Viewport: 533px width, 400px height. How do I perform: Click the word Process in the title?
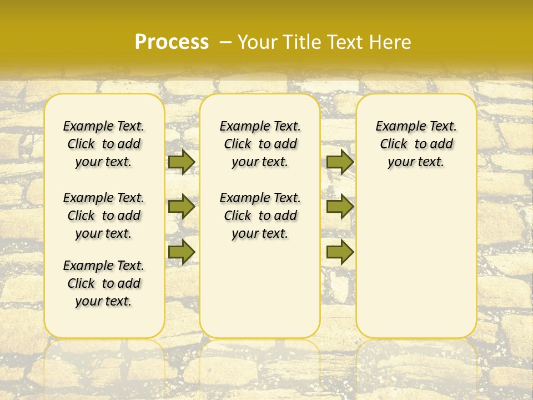[x=172, y=42]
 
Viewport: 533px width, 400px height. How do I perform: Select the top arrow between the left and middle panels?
[x=182, y=162]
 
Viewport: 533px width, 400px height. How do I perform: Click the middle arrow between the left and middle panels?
[x=182, y=207]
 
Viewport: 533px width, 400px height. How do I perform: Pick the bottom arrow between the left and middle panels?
[x=182, y=252]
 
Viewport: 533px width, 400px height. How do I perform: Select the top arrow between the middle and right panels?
[x=340, y=162]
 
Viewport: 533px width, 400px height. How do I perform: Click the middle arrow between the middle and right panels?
[x=340, y=207]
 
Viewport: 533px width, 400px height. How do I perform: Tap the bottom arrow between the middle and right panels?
[x=340, y=252]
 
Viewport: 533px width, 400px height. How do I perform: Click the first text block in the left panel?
[x=104, y=144]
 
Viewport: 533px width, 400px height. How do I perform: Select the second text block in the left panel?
[x=104, y=216]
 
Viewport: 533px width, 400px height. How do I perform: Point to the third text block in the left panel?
[x=104, y=283]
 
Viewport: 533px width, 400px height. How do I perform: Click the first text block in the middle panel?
[x=260, y=144]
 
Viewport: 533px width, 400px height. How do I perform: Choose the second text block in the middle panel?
[x=260, y=216]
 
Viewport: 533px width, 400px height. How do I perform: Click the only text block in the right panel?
[x=416, y=144]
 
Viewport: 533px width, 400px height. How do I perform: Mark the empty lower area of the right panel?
[x=416, y=256]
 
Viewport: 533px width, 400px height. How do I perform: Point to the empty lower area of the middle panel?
[x=260, y=289]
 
